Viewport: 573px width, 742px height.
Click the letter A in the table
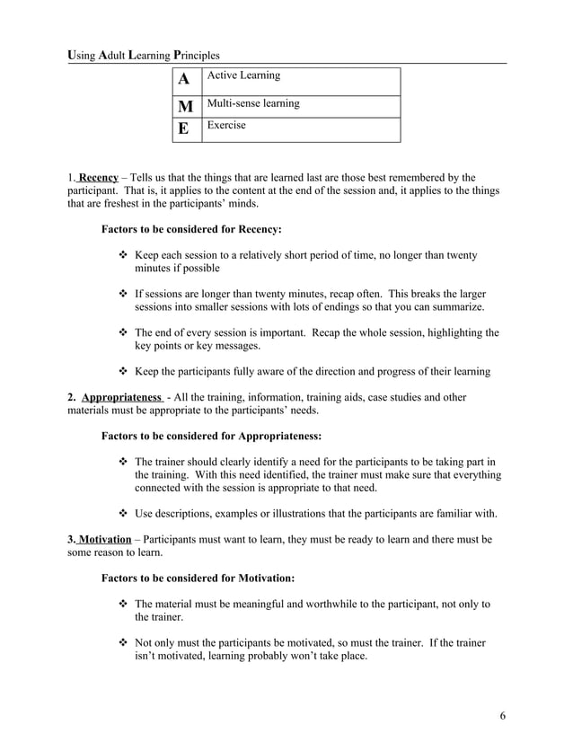coord(184,80)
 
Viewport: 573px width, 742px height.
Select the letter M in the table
coord(184,106)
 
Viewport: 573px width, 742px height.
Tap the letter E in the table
coord(184,129)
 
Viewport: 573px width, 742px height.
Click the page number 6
coord(503,716)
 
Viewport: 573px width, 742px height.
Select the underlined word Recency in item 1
coord(99,178)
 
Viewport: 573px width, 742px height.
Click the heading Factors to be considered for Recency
coord(191,230)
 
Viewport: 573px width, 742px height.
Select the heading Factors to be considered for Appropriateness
coord(211,437)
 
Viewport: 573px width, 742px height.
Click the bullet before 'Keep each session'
coord(124,256)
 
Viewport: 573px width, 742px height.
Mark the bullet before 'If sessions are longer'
coord(124,294)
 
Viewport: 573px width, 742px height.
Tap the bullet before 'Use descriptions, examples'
coord(124,514)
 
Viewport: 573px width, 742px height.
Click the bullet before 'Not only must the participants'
coord(124,643)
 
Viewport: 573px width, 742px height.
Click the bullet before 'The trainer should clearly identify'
coord(124,463)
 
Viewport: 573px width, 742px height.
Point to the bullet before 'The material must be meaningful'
coord(124,605)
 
